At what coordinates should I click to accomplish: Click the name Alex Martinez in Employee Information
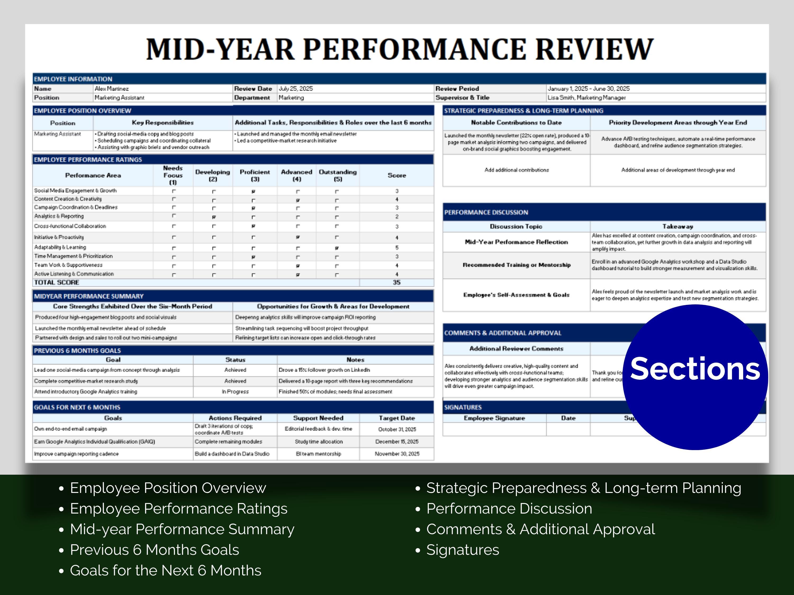click(x=112, y=89)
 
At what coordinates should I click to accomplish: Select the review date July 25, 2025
click(x=296, y=89)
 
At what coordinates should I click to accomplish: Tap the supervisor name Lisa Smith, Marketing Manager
click(x=587, y=98)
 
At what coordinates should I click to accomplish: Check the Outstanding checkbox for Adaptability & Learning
click(x=337, y=248)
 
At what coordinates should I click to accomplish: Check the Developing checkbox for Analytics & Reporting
click(x=214, y=217)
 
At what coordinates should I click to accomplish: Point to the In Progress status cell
click(x=235, y=392)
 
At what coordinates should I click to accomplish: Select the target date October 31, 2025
click(x=397, y=429)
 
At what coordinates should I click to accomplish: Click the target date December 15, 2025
click(x=397, y=442)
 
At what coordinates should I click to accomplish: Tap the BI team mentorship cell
click(x=318, y=454)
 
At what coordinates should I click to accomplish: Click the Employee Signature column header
click(x=494, y=418)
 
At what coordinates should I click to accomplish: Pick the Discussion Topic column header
click(x=516, y=226)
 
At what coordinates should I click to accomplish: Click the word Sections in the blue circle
click(x=695, y=369)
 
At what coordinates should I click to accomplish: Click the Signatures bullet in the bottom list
click(x=462, y=550)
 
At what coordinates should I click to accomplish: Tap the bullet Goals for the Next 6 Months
click(x=165, y=570)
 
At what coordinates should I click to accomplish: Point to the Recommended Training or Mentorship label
click(x=516, y=265)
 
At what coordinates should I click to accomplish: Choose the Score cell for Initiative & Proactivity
click(x=397, y=238)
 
